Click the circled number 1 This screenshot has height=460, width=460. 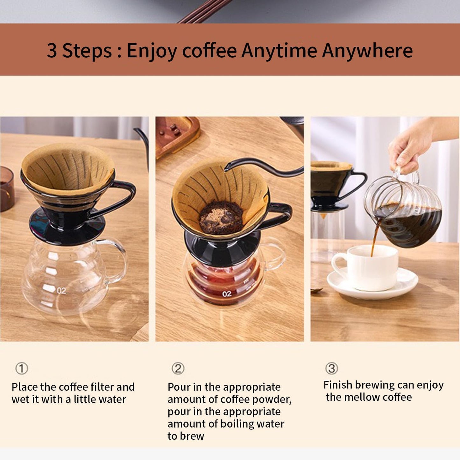[22, 369]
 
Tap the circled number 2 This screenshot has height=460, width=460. [178, 369]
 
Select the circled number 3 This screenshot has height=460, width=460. [331, 368]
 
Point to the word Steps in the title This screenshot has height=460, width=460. [87, 51]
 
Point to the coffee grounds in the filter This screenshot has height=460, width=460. [221, 218]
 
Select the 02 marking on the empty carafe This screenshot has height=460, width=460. [61, 291]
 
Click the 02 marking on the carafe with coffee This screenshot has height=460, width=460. [227, 294]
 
